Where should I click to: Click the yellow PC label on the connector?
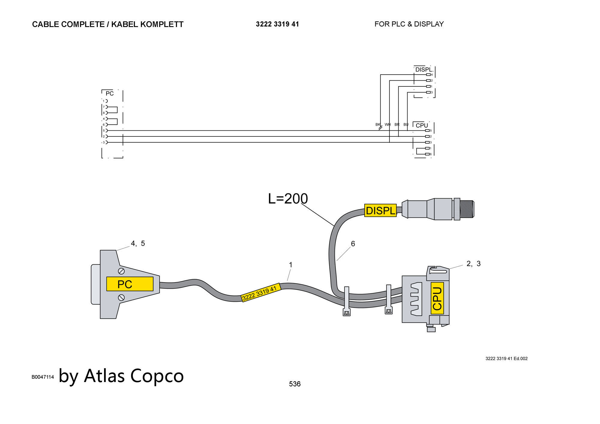point(130,284)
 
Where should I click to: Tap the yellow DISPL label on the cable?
point(380,211)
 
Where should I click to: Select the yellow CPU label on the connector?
point(437,298)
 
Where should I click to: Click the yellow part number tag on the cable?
point(261,292)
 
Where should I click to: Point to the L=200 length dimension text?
point(288,199)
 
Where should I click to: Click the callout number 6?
point(353,244)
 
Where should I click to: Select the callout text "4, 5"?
point(138,243)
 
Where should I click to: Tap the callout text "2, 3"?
point(473,264)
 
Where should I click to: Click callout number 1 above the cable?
point(290,265)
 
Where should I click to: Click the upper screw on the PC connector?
point(121,271)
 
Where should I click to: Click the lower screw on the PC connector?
point(121,298)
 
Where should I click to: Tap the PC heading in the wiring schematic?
point(109,94)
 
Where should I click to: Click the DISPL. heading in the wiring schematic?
point(424,70)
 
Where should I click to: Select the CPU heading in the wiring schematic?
point(422,125)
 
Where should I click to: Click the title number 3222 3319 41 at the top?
point(277,24)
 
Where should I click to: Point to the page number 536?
point(295,384)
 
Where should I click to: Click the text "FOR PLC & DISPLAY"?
point(409,24)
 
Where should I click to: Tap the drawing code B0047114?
point(43,377)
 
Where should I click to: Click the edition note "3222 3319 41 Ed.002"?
point(506,358)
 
